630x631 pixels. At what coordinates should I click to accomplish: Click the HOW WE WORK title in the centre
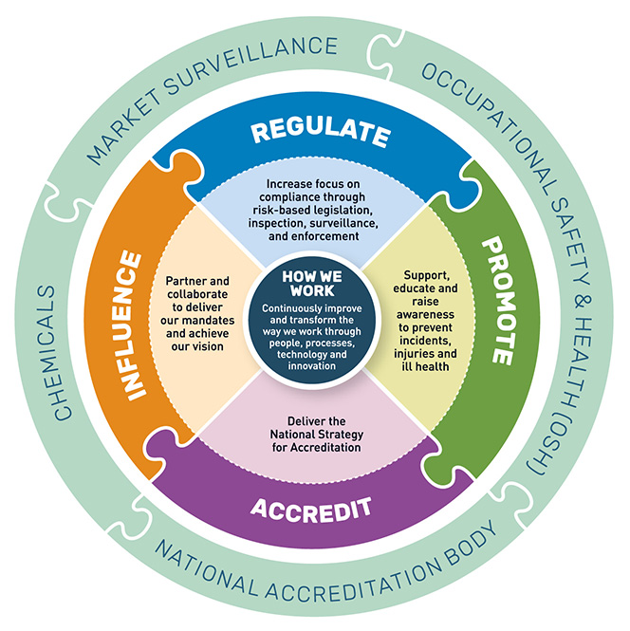(308, 283)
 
